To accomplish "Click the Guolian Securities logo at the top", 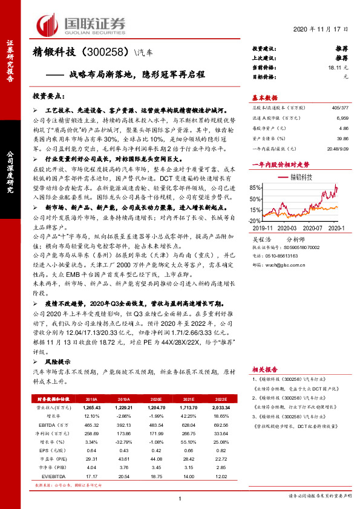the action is coord(81,24).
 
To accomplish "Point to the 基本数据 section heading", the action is coord(265,97).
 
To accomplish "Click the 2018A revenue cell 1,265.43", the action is coord(91,408).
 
